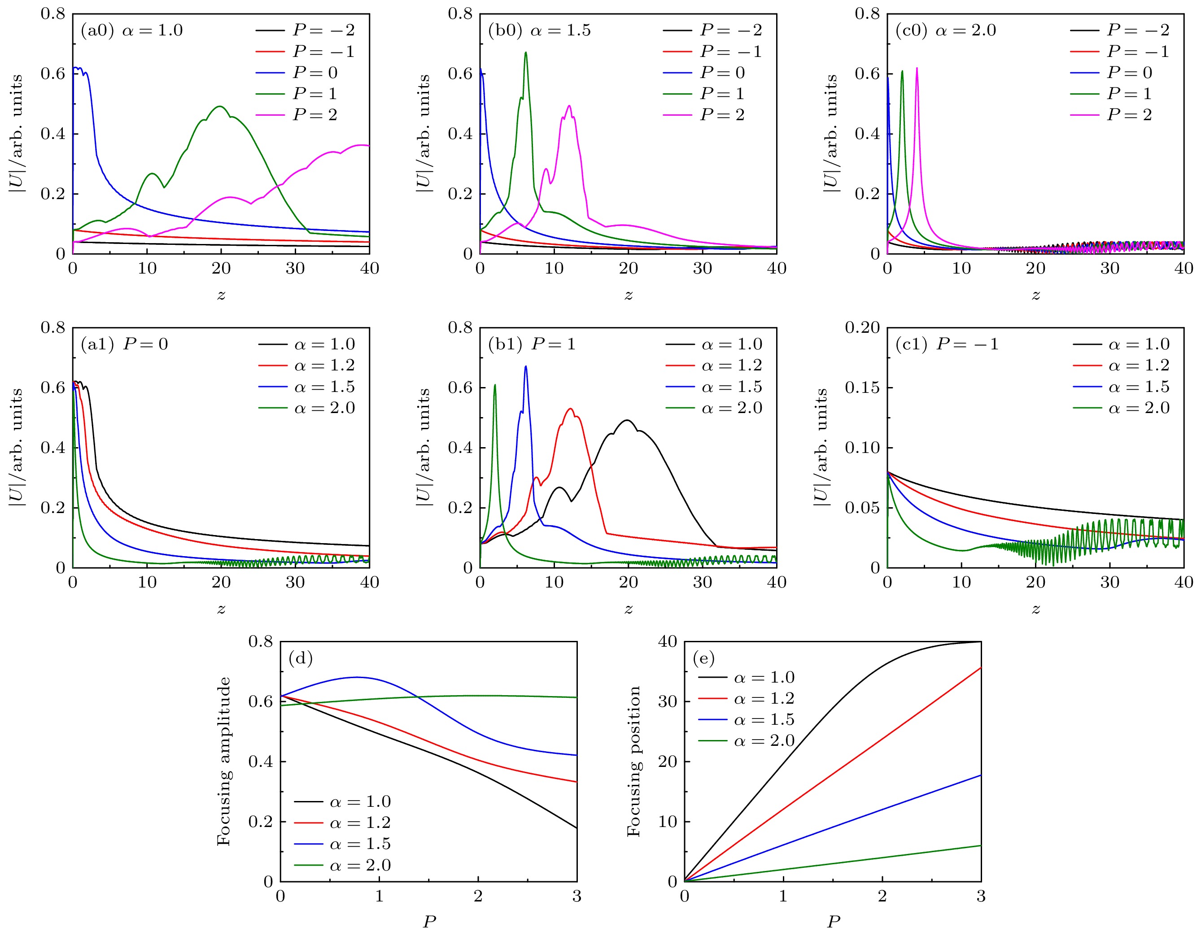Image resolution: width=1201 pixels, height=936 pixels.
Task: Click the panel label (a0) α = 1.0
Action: (131, 30)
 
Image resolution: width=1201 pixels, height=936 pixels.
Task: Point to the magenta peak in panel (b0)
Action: (569, 105)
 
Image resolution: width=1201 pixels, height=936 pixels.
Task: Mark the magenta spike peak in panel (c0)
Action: (917, 68)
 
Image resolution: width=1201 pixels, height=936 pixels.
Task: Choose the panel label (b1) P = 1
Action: (531, 344)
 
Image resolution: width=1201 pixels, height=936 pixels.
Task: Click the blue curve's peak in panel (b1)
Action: (526, 366)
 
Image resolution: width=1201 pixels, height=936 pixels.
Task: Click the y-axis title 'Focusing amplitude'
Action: (224, 761)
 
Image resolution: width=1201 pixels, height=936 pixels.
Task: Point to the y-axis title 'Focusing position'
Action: (634, 761)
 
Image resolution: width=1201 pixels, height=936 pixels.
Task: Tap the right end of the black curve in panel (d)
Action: (576, 828)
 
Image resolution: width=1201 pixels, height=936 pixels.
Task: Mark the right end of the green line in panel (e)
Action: (980, 845)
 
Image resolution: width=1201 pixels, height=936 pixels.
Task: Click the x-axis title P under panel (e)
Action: (833, 922)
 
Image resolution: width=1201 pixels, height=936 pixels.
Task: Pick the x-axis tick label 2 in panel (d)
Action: (478, 897)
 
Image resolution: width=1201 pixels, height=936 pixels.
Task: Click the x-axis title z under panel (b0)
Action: (628, 295)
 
